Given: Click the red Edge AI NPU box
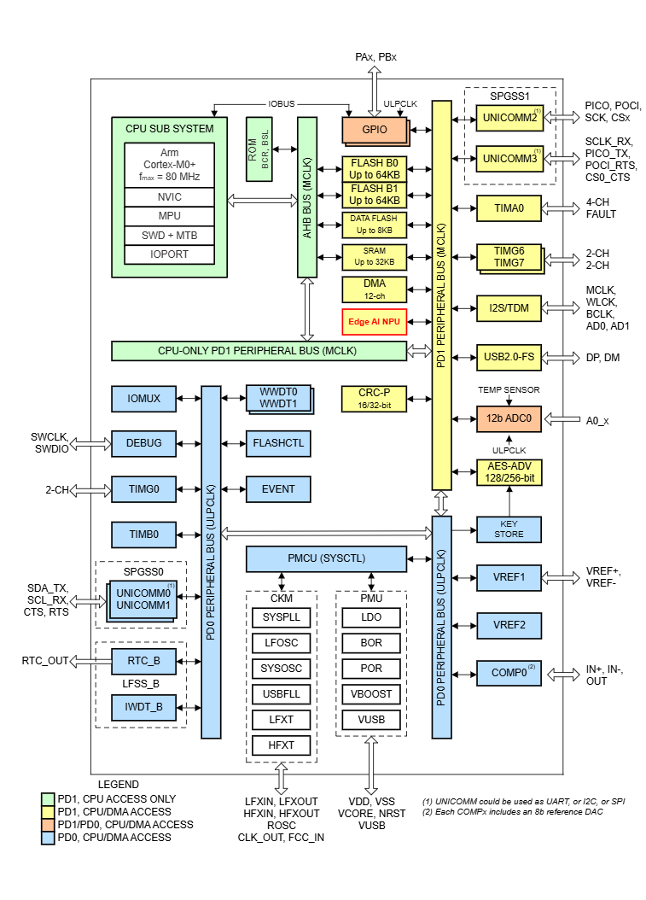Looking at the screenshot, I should tap(375, 322).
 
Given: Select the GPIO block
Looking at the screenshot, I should tap(374, 130).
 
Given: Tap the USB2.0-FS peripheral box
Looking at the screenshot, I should tap(509, 357).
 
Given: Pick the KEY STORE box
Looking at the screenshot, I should tap(509, 529).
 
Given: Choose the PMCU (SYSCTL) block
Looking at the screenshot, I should tap(325, 559).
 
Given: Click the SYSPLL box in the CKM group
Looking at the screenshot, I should tap(281, 617).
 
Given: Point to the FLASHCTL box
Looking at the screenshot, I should tap(278, 443).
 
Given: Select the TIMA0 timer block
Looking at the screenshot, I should tap(509, 207).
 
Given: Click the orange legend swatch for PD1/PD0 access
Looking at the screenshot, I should tap(48, 825).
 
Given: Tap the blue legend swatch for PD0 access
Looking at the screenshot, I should tap(48, 838).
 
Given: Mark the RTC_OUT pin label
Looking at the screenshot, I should tap(43, 660).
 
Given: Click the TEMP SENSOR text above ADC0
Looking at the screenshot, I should tap(509, 389).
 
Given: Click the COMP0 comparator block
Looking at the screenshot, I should tap(509, 672).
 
